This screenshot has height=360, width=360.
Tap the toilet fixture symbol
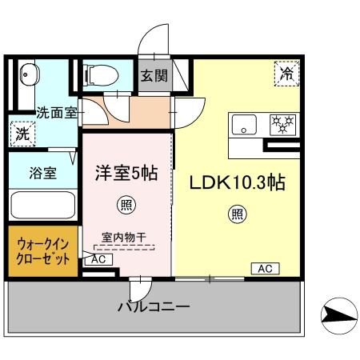pos(100,75)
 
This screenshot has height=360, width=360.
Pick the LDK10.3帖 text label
pos(238,182)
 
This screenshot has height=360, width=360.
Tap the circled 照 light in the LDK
pos(238,214)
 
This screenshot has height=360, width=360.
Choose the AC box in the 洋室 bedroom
pos(98,259)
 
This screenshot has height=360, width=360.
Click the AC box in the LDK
pos(264,269)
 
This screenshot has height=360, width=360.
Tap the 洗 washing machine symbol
pos(22,134)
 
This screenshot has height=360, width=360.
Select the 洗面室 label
pos(56,114)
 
